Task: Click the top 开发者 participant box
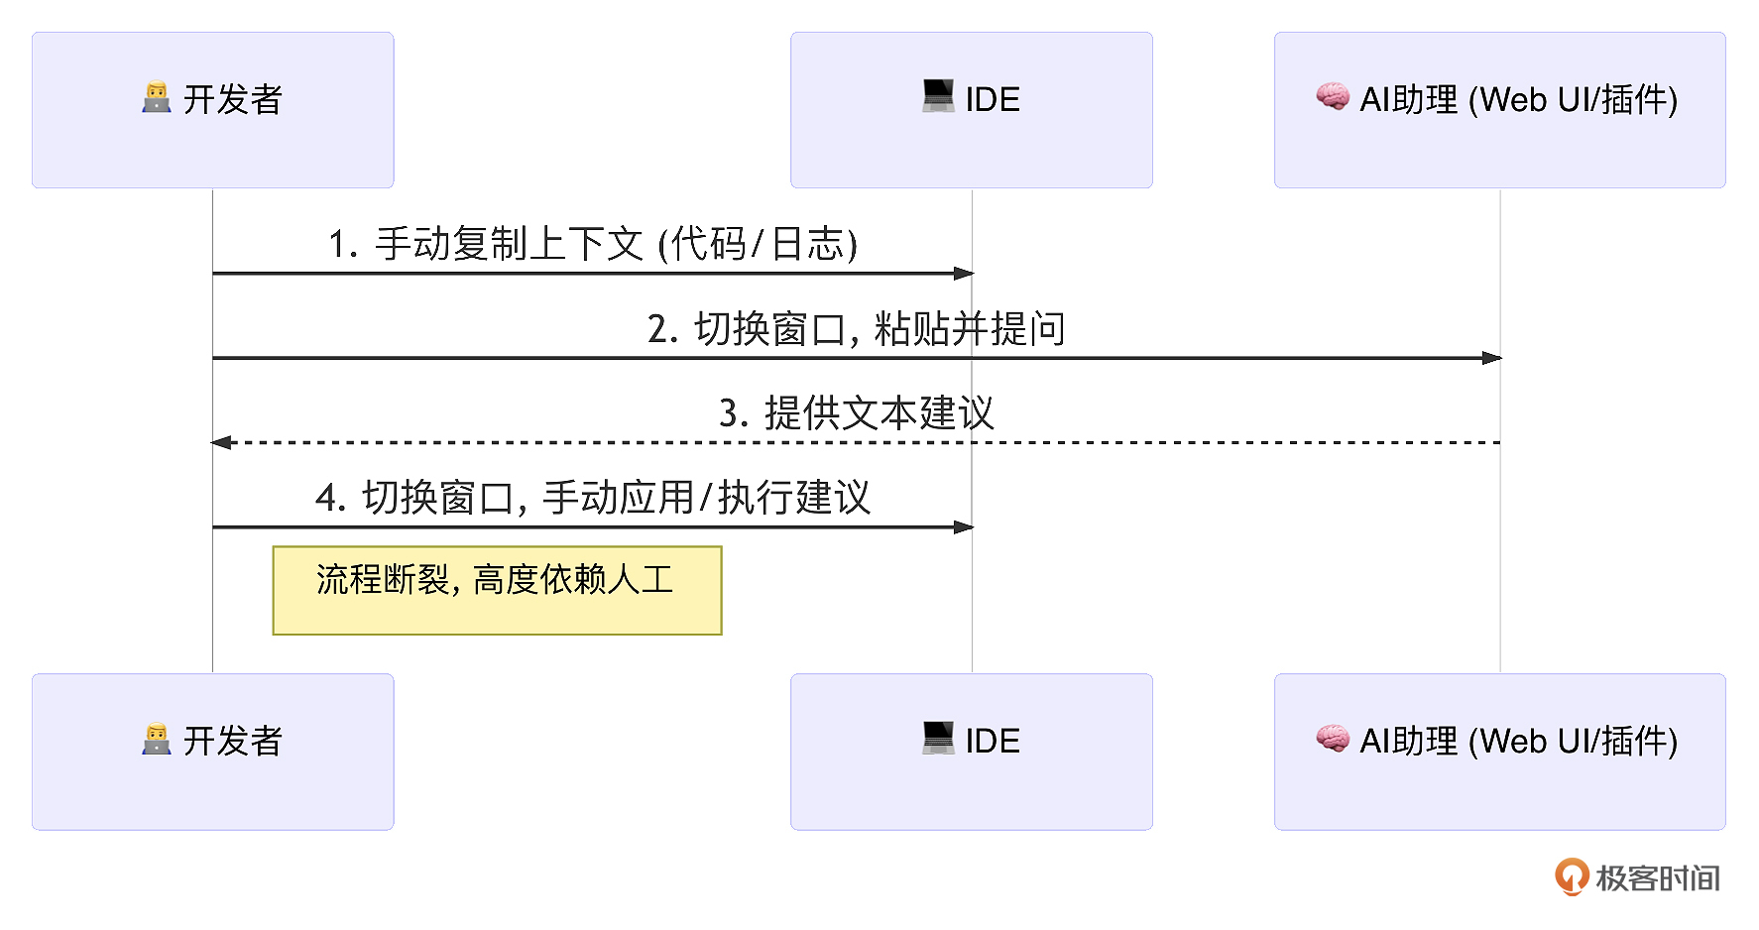[x=213, y=110]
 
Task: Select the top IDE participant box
[x=972, y=110]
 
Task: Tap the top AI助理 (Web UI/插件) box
[x=1500, y=110]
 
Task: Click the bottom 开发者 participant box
[x=213, y=752]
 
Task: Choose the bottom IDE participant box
[x=972, y=752]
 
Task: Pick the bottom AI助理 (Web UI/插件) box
[x=1500, y=752]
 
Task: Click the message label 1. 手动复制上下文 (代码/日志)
[x=593, y=244]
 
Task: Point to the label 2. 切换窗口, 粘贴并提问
[x=857, y=328]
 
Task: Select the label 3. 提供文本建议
[x=857, y=412]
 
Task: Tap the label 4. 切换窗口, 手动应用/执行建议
[x=593, y=497]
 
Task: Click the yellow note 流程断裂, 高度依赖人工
[x=497, y=590]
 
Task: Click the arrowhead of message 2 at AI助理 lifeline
[x=1492, y=358]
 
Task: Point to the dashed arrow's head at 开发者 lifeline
[x=221, y=442]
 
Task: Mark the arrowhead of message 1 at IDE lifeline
[x=964, y=273]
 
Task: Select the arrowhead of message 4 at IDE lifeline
[x=964, y=527]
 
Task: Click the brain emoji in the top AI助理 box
[x=1333, y=96]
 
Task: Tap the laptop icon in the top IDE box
[x=938, y=96]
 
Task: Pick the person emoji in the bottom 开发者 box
[x=157, y=739]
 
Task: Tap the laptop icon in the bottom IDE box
[x=938, y=738]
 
